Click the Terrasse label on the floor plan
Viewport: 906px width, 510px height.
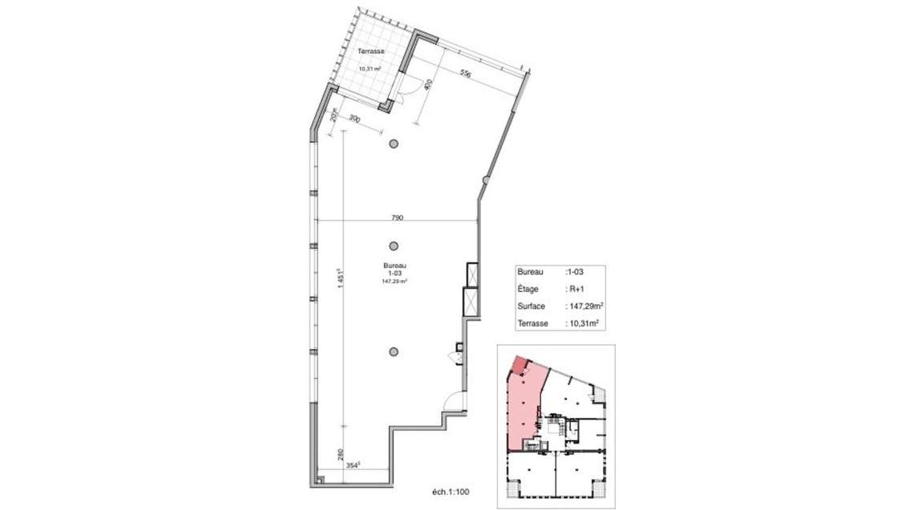(371, 51)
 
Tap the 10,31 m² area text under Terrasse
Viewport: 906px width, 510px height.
(370, 68)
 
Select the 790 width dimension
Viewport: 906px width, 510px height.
(397, 217)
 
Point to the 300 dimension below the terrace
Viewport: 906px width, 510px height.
(354, 119)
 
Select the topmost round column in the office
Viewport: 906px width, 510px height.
(393, 144)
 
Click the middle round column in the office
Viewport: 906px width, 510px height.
(393, 246)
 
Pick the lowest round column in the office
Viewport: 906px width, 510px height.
(393, 350)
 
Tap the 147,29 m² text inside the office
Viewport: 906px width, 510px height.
(395, 281)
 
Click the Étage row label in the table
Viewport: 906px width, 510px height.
(529, 289)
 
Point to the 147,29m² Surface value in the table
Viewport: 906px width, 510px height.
(584, 306)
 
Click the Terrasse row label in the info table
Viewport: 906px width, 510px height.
(533, 323)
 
